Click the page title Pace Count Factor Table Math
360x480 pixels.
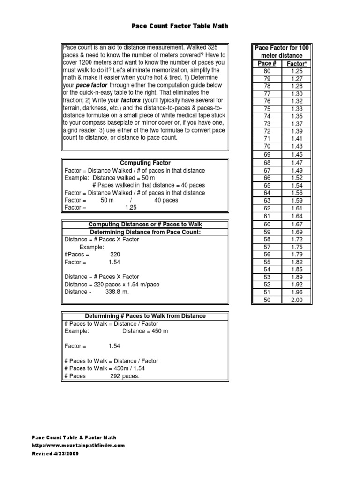pyautogui.click(x=180, y=26)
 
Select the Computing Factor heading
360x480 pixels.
pyautogui.click(x=145, y=163)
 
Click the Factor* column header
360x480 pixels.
pyautogui.click(x=296, y=63)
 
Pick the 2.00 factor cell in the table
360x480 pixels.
pyautogui.click(x=296, y=300)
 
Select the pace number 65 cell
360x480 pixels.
pyautogui.click(x=267, y=186)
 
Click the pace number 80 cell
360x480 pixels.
pyautogui.click(x=267, y=70)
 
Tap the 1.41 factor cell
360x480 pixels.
pyautogui.click(x=296, y=139)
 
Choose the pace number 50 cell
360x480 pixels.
pyautogui.click(x=267, y=300)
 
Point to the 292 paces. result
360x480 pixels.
pyautogui.click(x=125, y=376)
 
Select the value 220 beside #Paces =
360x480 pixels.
pyautogui.click(x=115, y=255)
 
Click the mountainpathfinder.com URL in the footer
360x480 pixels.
pyautogui.click(x=78, y=445)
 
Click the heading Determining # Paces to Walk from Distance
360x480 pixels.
pyautogui.click(x=145, y=316)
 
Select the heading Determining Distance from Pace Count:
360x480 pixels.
pyautogui.click(x=145, y=232)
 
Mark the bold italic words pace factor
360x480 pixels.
pyautogui.click(x=91, y=85)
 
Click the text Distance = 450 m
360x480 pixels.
pyautogui.click(x=145, y=331)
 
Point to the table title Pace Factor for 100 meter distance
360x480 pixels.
pyautogui.click(x=281, y=52)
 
